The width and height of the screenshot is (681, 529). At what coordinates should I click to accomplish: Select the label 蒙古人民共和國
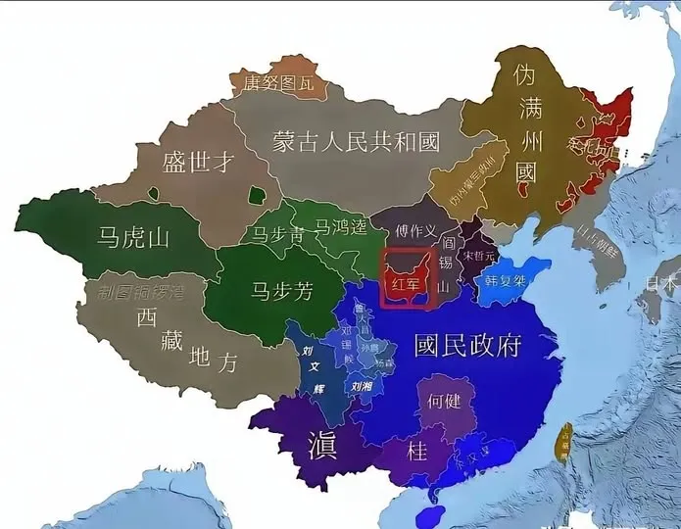click(356, 143)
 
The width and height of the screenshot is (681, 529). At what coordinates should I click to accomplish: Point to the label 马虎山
click(135, 236)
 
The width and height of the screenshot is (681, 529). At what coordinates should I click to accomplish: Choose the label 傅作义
click(415, 230)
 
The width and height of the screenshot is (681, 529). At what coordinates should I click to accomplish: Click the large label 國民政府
click(467, 345)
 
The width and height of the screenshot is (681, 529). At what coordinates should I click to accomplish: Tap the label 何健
click(445, 400)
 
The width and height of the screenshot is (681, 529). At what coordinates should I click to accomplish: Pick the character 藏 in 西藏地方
click(172, 340)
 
